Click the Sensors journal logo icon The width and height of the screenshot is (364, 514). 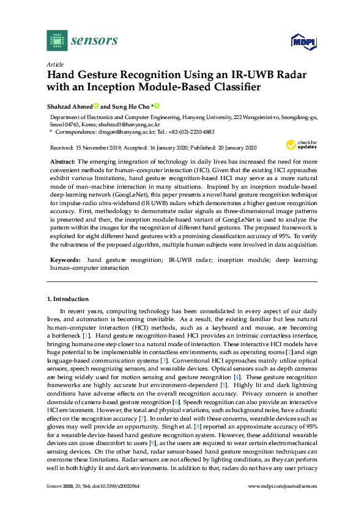click(56, 41)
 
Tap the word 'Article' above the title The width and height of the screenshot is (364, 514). click(55, 63)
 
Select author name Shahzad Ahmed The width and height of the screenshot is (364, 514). click(69, 106)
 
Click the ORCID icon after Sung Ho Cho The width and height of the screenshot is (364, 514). click(156, 106)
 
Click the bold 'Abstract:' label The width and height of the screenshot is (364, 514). click(62, 161)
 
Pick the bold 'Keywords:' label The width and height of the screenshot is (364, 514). click(65, 259)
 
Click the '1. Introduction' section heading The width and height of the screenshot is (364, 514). click(68, 299)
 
